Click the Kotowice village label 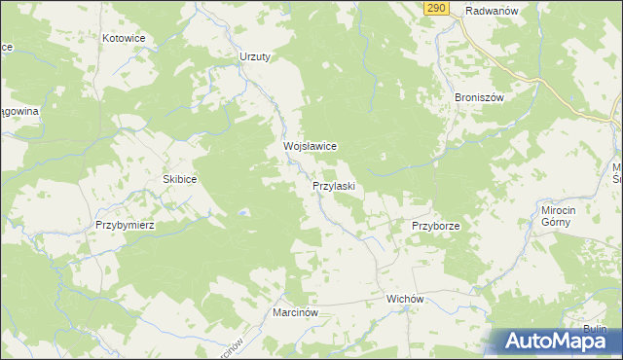tap(124, 38)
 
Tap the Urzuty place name tap(255, 56)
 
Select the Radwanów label tap(490, 11)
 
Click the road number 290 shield tap(435, 9)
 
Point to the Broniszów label tap(478, 97)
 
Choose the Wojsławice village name tap(310, 146)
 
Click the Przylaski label tap(339, 185)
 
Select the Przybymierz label tap(126, 224)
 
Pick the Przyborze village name tap(435, 225)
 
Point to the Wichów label tap(407, 299)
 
